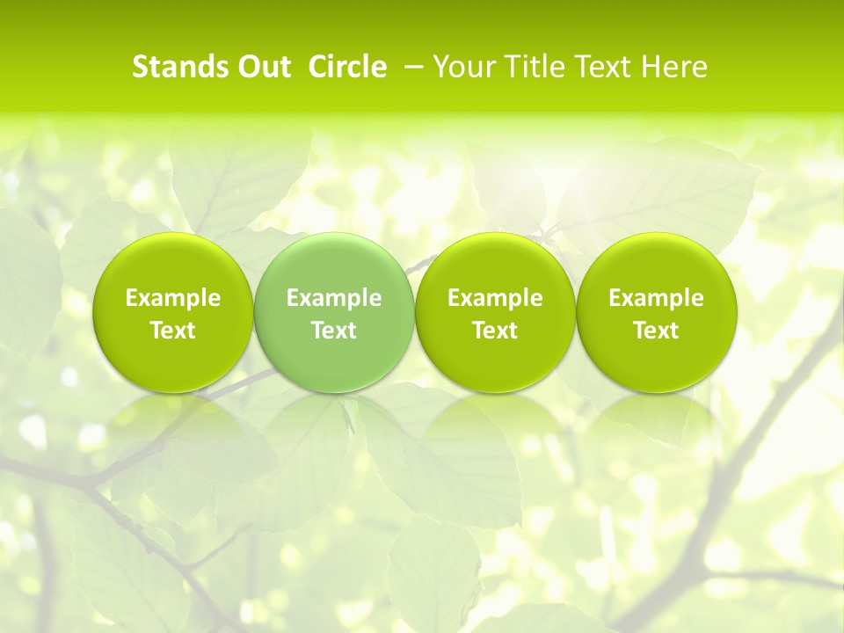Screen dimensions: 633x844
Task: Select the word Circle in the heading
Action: (x=347, y=67)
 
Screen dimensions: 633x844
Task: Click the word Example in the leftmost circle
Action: (x=172, y=298)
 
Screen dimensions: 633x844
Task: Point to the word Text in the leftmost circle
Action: (x=172, y=331)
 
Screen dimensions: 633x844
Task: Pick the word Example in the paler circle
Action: (x=333, y=298)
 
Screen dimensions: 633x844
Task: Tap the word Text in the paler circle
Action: (x=333, y=331)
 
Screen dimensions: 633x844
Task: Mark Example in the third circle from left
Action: (x=495, y=298)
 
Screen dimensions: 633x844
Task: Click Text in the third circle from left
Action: (x=495, y=331)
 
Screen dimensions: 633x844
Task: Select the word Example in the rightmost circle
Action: (x=656, y=298)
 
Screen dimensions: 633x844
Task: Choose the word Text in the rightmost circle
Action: (x=656, y=331)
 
